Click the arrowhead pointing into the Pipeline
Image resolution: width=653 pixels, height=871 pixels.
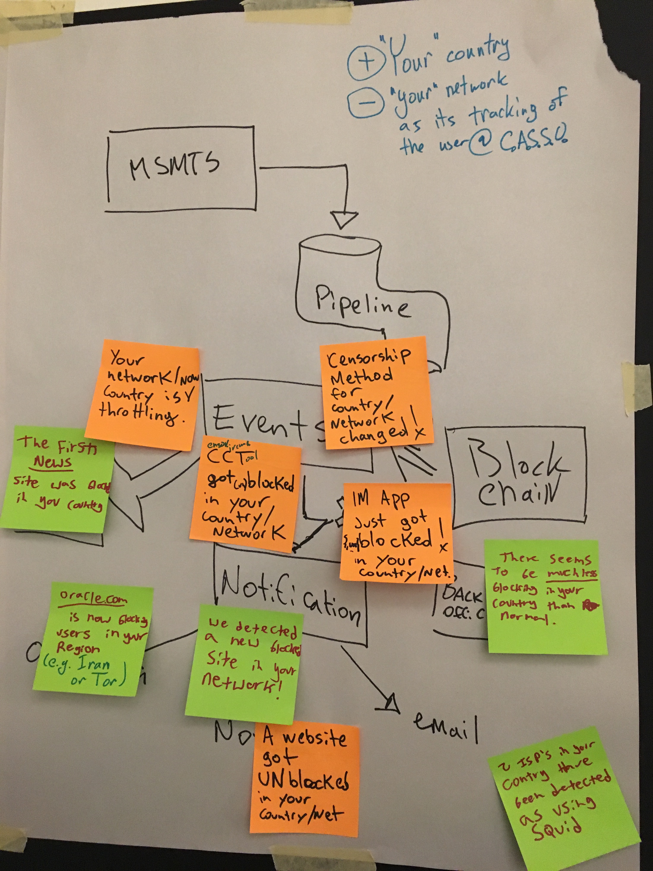click(x=344, y=219)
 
